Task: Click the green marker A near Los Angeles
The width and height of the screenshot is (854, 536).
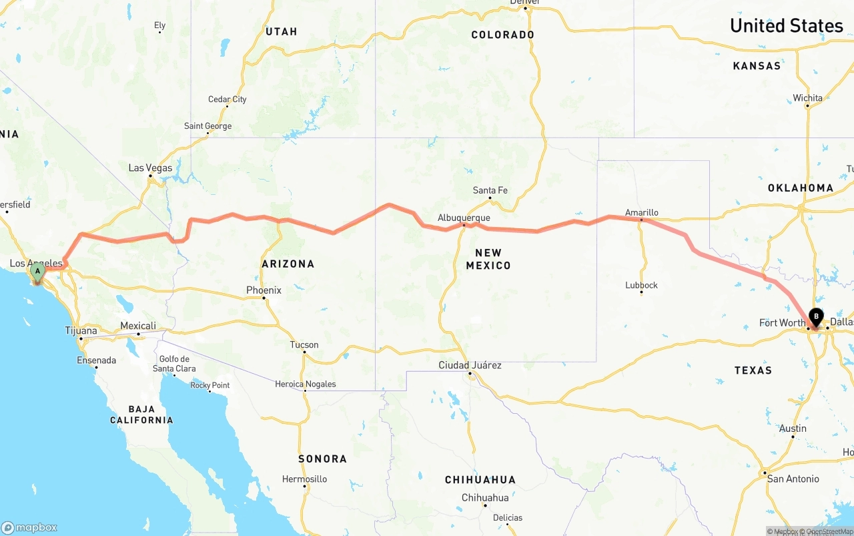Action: (37, 272)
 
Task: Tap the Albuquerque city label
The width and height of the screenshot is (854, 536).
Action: (464, 218)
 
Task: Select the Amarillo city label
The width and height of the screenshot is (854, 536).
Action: (641, 212)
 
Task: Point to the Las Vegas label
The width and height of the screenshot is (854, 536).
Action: (150, 168)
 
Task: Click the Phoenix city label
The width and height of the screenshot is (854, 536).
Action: (264, 290)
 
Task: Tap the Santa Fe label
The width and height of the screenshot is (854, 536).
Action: (490, 190)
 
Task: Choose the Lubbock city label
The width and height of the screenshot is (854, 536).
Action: (641, 285)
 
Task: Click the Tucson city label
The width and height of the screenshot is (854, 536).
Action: (304, 345)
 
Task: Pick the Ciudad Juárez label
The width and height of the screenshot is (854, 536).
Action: (470, 365)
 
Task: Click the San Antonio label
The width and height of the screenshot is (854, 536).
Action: (793, 479)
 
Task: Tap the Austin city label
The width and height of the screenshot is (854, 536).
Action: (793, 429)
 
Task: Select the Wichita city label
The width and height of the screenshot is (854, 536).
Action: (807, 98)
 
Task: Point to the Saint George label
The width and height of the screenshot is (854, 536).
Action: (207, 126)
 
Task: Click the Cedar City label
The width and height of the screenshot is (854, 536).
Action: (227, 99)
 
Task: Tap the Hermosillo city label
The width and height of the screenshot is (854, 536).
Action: (304, 479)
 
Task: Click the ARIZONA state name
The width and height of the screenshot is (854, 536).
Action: (288, 264)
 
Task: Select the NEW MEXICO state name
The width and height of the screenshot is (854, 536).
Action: (488, 259)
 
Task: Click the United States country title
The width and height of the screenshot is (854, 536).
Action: (786, 25)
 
